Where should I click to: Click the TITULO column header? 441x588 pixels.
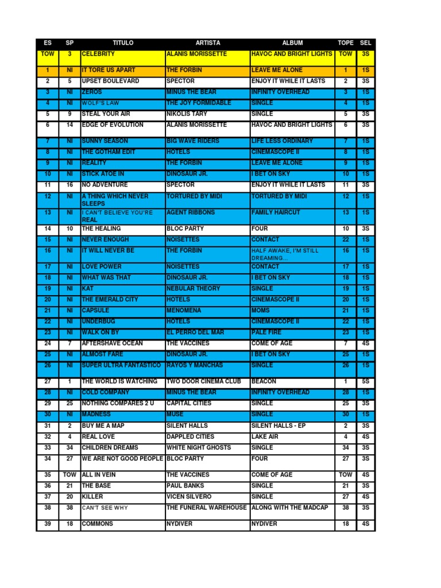pyautogui.click(x=123, y=43)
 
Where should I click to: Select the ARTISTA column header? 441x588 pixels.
pyautogui.click(x=207, y=43)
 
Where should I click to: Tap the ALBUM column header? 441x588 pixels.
pyautogui.click(x=292, y=43)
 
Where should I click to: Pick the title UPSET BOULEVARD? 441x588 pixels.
pyautogui.click(x=110, y=82)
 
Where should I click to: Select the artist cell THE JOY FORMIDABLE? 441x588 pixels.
pyautogui.click(x=199, y=103)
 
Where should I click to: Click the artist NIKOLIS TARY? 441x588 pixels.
pyautogui.click(x=187, y=114)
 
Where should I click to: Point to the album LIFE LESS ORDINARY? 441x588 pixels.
pyautogui.click(x=282, y=141)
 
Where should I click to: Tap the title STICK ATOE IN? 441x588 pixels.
pyautogui.click(x=103, y=174)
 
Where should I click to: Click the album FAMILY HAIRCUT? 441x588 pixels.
pyautogui.click(x=276, y=212)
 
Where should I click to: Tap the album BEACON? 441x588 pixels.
pyautogui.click(x=264, y=381)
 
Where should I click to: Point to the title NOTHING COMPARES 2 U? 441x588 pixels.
pyautogui.click(x=118, y=403)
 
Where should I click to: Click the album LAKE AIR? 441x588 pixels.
pyautogui.click(x=265, y=436)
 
